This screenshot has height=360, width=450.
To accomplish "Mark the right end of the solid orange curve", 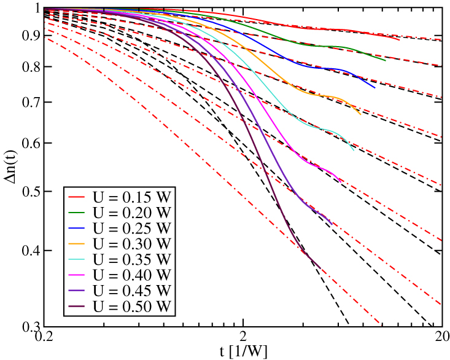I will point(360,115).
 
